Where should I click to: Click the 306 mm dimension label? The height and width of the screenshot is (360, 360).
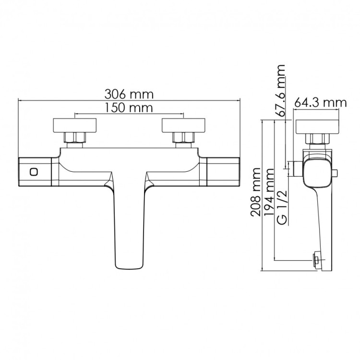tap(129, 93)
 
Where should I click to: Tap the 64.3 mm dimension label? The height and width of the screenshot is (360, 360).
tap(320, 102)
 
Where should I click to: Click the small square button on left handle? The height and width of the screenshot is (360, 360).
tap(35, 172)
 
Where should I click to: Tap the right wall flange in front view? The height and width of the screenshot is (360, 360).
tap(183, 126)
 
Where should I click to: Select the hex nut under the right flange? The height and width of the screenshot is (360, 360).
tap(183, 139)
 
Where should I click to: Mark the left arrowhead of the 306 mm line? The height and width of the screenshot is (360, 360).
tap(20, 100)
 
